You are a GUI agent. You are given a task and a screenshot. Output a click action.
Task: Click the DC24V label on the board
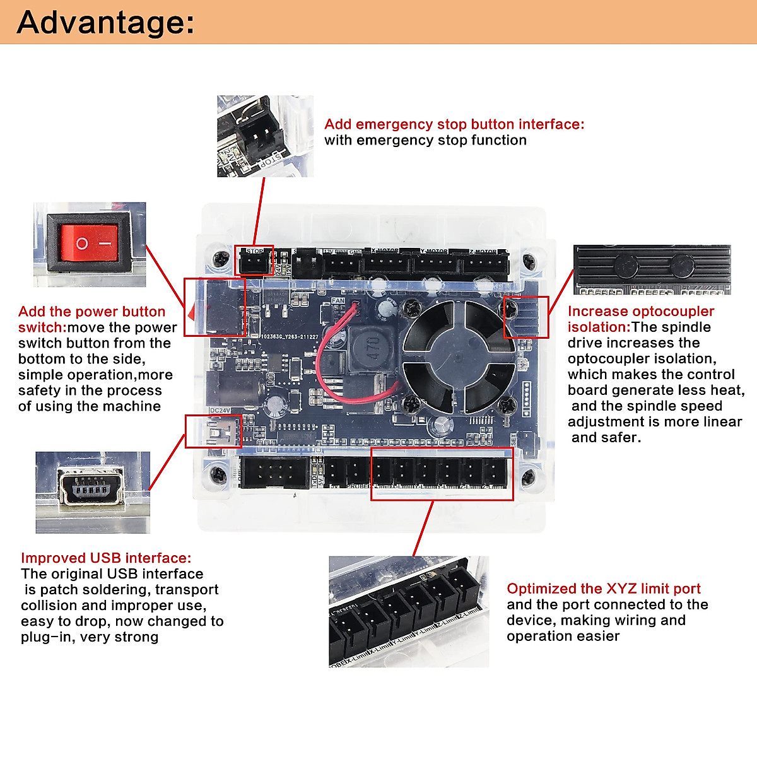pos(220,411)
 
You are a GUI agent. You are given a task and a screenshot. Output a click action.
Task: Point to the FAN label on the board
pos(338,301)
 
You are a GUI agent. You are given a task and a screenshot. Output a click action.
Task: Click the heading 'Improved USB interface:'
pos(105,558)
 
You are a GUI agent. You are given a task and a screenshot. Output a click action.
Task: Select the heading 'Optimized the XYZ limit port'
pos(603,589)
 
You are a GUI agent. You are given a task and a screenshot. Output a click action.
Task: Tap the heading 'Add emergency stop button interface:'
pos(454,124)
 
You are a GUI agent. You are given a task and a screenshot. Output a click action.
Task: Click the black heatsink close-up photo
pos(652,269)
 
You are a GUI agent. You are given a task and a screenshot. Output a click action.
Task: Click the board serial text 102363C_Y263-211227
pos(290,337)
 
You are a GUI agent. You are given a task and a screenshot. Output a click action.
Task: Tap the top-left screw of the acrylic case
pos(221,258)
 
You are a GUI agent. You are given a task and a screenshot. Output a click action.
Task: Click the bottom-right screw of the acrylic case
pos(529,476)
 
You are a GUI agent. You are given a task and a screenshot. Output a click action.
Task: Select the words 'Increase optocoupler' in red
pos(640,312)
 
